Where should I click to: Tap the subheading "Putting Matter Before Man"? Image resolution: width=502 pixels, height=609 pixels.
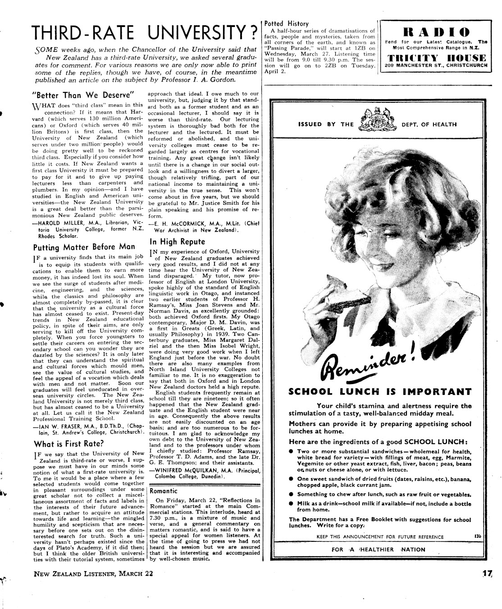(x=84, y=247)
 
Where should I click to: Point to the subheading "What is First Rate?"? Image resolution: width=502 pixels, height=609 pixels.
(x=68, y=443)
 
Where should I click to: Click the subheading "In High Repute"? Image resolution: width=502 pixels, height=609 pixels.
(x=177, y=241)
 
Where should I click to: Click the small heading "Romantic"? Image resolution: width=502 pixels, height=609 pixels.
(x=163, y=490)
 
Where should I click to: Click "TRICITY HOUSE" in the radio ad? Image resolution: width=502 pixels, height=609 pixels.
(x=435, y=58)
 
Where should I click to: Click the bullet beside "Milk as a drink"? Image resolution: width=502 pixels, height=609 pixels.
(x=292, y=503)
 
